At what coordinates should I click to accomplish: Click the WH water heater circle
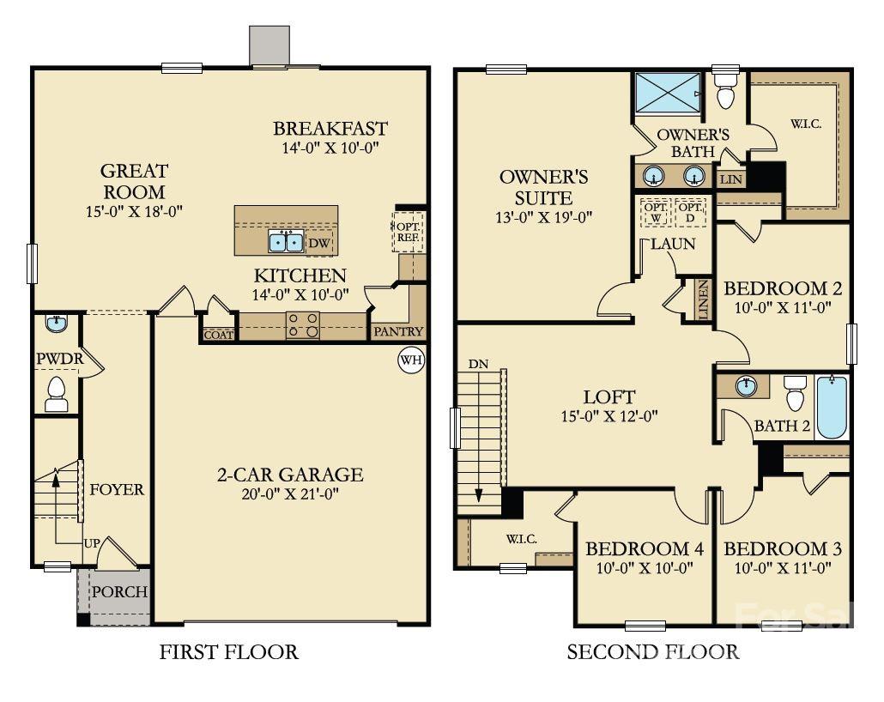pyautogui.click(x=411, y=360)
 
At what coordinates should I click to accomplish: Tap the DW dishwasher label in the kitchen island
pyautogui.click(x=319, y=243)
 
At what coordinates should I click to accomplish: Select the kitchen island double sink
pyautogui.click(x=285, y=242)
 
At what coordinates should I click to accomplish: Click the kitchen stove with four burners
pyautogui.click(x=303, y=325)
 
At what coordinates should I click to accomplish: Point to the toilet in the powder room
pyautogui.click(x=57, y=393)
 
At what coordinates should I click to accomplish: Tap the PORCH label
pyautogui.click(x=119, y=592)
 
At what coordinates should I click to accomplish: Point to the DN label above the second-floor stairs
pyautogui.click(x=478, y=364)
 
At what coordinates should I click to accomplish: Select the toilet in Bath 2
pyautogui.click(x=795, y=394)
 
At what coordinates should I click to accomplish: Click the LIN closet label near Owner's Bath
pyautogui.click(x=730, y=179)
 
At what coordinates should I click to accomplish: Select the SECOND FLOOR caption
pyautogui.click(x=652, y=652)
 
